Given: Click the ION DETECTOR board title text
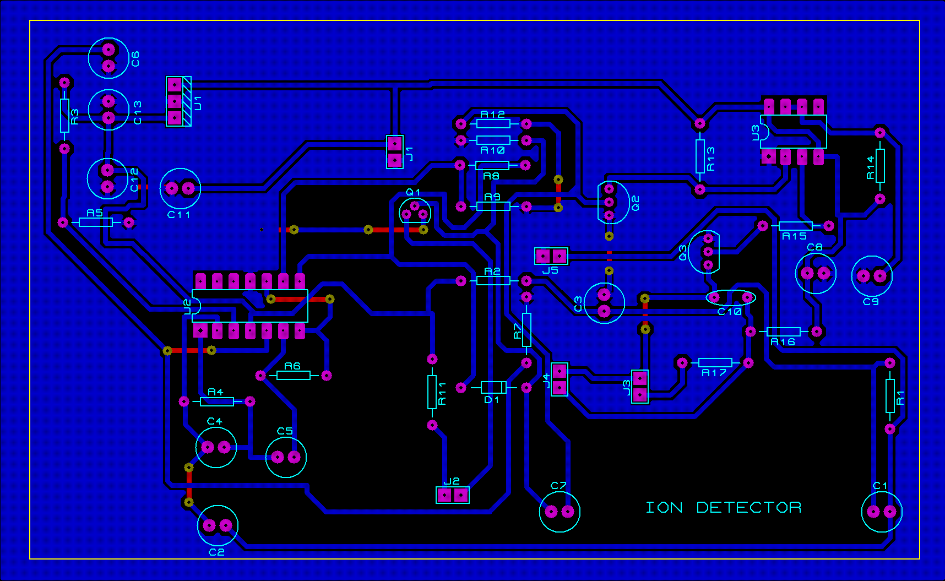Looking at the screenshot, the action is pos(723,507).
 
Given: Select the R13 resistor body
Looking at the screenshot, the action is pos(700,156).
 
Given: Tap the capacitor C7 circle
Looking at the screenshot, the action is pos(560,512).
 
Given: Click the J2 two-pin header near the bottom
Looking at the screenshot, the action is pos(453,495).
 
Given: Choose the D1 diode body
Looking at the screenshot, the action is pos(493,388).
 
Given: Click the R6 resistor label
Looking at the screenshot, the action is pos(292,366).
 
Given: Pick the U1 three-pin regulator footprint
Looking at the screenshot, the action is pos(178,101).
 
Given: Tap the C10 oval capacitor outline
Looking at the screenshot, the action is pos(731,298).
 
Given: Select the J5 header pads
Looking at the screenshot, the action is pos(551,256).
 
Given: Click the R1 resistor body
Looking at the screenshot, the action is pos(890,395).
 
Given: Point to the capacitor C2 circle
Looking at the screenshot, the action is pos(218,526).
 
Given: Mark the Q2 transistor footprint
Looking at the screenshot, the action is pos(613,203).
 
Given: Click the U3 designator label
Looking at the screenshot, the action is pos(756,132).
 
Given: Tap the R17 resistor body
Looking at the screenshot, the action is pos(715,362).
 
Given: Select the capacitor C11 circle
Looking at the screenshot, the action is pos(180,189).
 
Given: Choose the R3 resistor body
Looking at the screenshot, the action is pos(64,116).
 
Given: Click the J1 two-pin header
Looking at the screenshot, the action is pos(395,152).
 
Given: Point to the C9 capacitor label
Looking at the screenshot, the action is pos(871,302).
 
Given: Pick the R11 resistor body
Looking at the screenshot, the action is pos(432,392).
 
